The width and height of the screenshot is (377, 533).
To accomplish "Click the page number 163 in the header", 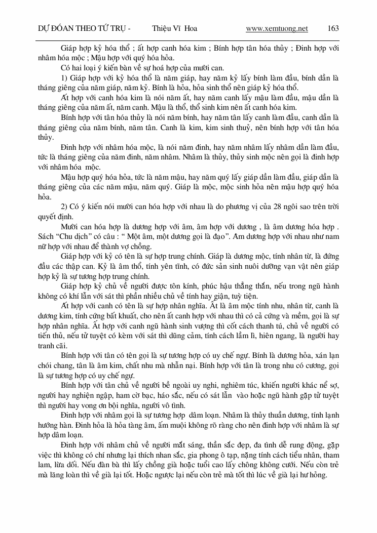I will [x=333, y=28].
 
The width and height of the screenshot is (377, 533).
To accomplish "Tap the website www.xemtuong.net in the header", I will [x=277, y=28].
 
